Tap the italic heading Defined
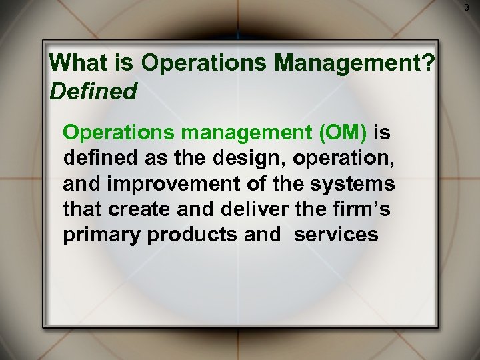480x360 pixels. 94,91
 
